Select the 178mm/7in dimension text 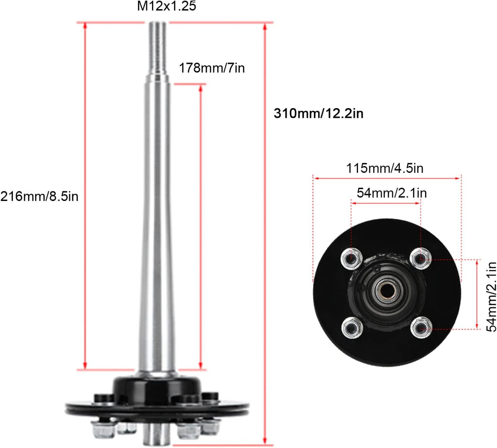pos(212,69)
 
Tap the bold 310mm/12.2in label pos(318,114)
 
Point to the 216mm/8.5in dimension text pos(40,196)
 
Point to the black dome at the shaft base pos(156,389)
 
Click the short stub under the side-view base pos(157,435)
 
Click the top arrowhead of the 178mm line pos(201,88)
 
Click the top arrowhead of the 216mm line pos(85,26)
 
